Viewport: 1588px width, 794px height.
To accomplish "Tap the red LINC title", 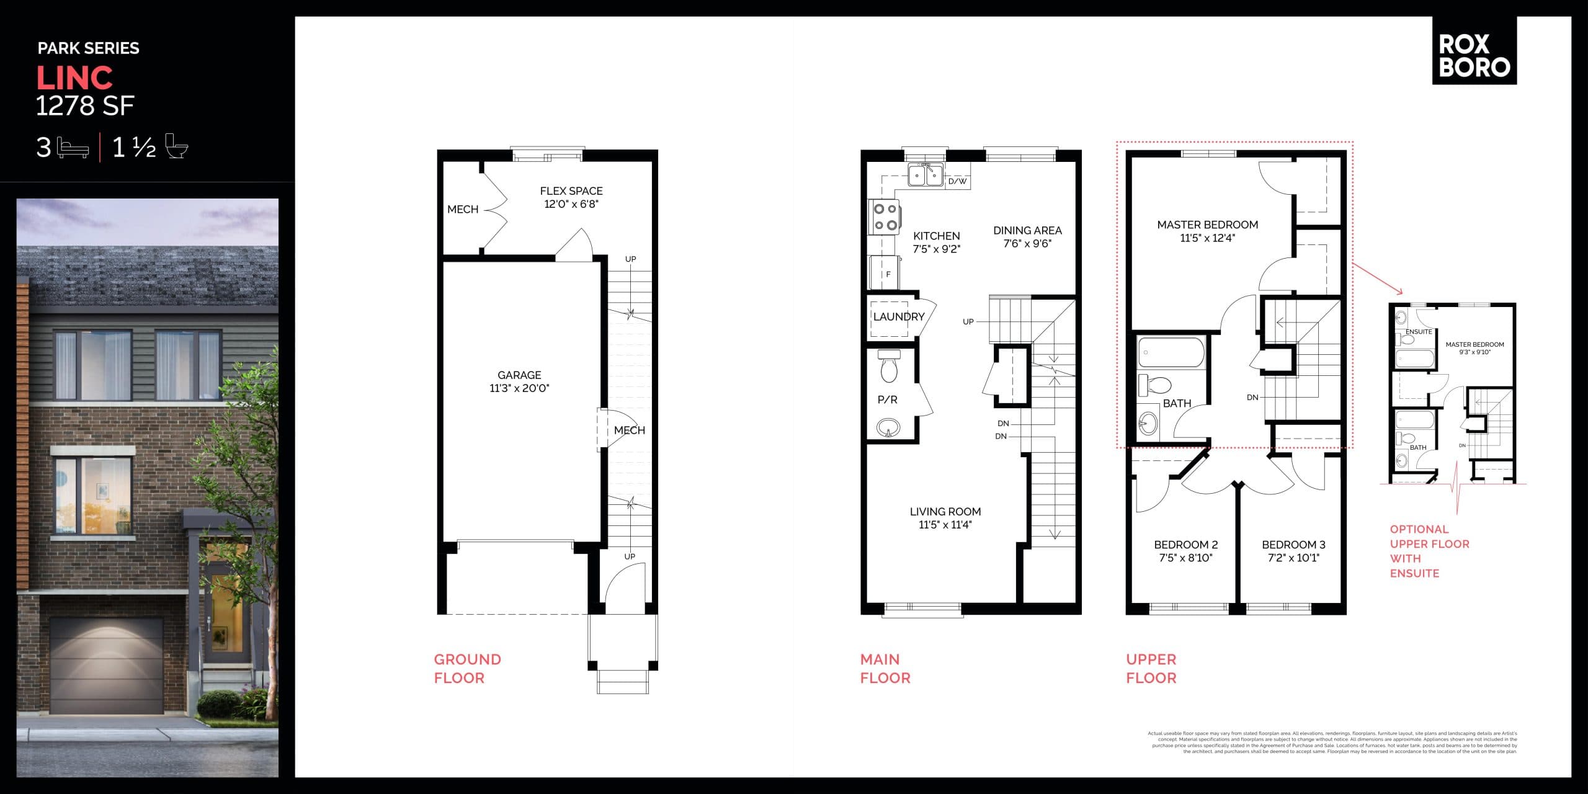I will (x=74, y=78).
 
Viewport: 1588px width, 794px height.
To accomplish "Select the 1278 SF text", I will (x=85, y=106).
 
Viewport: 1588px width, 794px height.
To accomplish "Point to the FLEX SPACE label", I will (x=571, y=191).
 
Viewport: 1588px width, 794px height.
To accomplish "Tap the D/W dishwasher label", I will (x=957, y=182).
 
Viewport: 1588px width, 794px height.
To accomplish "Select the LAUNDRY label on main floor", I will (x=899, y=317).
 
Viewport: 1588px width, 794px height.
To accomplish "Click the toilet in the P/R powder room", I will (x=890, y=366).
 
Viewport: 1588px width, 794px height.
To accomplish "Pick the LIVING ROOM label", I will (x=945, y=512).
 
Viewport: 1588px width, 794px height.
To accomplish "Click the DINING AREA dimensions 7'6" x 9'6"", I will (x=1027, y=244).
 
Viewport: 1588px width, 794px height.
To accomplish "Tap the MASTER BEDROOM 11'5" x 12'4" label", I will (x=1207, y=231).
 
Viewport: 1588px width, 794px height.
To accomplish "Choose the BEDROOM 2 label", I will (x=1185, y=545).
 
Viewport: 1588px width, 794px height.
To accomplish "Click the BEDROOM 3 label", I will (x=1293, y=545).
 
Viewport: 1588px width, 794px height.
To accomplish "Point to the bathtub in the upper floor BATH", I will (x=1171, y=352).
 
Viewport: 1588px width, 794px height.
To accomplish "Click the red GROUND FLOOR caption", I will (x=467, y=668).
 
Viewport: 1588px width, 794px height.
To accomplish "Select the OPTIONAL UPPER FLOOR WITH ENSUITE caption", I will (x=1429, y=551).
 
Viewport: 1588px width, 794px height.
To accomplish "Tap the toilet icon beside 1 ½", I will (x=177, y=146).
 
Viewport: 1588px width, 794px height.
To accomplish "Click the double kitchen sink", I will (x=926, y=176).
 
